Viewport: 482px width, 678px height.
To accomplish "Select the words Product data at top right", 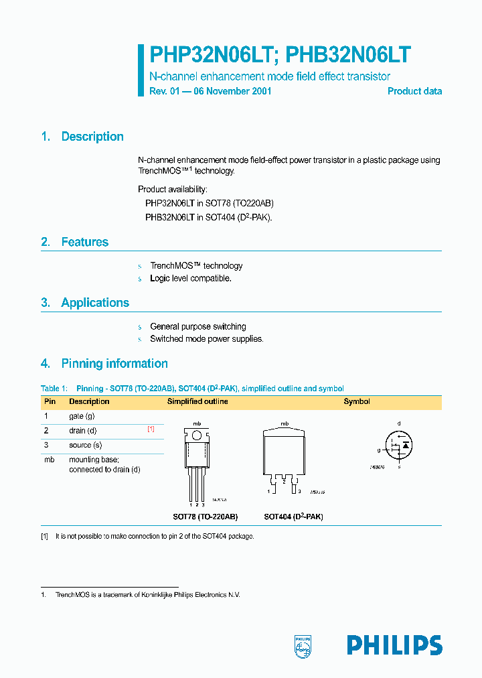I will (414, 91).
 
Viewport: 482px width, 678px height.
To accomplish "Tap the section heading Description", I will (92, 137).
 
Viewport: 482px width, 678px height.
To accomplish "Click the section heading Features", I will (84, 242).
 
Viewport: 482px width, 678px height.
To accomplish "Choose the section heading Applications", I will (95, 303).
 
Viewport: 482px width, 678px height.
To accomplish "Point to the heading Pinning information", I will (114, 364).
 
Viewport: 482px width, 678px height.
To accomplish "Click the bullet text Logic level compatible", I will (190, 278).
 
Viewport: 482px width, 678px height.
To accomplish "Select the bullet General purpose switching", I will (197, 326).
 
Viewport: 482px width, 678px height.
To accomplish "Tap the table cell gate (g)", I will (82, 416).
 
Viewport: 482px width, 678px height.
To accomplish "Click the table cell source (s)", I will (85, 445).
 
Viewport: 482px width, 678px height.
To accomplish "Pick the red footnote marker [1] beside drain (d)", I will (151, 429).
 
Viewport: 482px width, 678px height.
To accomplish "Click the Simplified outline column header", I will (197, 401).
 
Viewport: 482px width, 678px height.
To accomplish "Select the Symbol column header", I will (357, 401).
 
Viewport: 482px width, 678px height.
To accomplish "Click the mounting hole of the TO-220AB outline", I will (197, 435).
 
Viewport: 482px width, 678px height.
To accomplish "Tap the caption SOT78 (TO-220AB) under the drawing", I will (204, 517).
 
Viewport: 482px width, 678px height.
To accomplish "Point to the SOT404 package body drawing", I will (285, 451).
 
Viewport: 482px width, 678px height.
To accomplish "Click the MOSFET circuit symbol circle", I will (398, 444).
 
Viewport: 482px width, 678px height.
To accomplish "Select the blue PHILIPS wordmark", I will (394, 645).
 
